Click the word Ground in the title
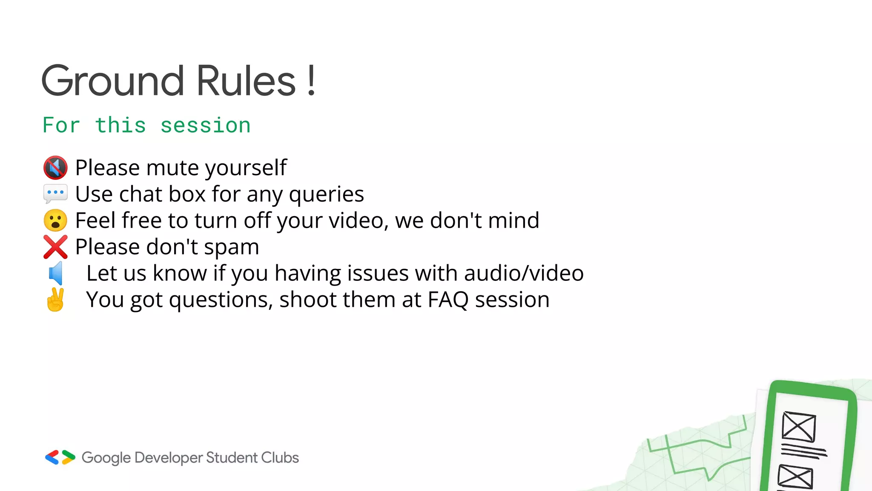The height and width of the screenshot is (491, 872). point(113,81)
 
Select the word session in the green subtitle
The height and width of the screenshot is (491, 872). point(205,126)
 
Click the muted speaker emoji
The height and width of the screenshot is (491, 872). point(55,168)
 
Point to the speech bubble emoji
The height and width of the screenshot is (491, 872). point(55,194)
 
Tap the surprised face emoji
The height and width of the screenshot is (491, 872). point(55,220)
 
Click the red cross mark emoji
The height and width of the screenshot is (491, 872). point(55,247)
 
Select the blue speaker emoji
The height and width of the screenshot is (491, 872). point(56,273)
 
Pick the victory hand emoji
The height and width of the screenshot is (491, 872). point(55,300)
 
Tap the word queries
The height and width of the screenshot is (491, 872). point(326,194)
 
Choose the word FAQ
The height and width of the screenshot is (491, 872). point(448,300)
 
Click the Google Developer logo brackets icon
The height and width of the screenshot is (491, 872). point(60,457)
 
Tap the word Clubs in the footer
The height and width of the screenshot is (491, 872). point(280,458)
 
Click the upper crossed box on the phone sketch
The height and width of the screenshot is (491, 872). point(799,427)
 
